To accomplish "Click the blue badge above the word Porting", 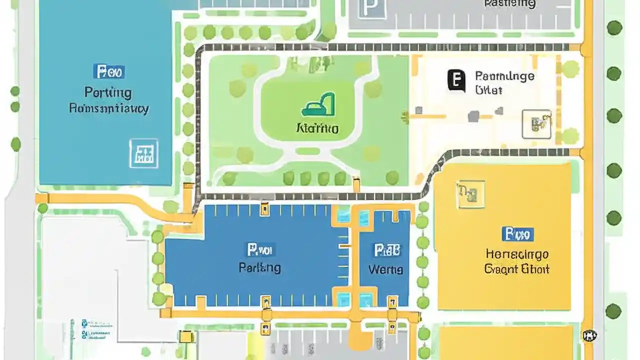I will coord(109,71).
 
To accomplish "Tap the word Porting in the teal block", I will coord(108,92).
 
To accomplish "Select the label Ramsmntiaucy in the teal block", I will coord(108,108).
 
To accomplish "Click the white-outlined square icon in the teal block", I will coord(144,153).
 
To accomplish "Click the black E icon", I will coord(456,80).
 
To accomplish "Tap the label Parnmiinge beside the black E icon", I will coord(504,76).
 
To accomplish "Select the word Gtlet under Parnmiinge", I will coord(488,90).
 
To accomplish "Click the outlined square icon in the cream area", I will coord(536,124).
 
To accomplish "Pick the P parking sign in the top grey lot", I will coord(371,8).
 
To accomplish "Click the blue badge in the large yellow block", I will coord(517,233).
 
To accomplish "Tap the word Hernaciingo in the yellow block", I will coord(517,254).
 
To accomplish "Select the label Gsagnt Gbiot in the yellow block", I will coord(517,269).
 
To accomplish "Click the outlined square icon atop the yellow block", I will coord(470,194).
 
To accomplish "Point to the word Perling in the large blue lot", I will coord(259,267).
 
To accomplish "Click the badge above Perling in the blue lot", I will coord(259,249).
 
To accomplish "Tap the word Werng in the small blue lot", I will coord(385,269).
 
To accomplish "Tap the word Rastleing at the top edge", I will coord(509,4).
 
